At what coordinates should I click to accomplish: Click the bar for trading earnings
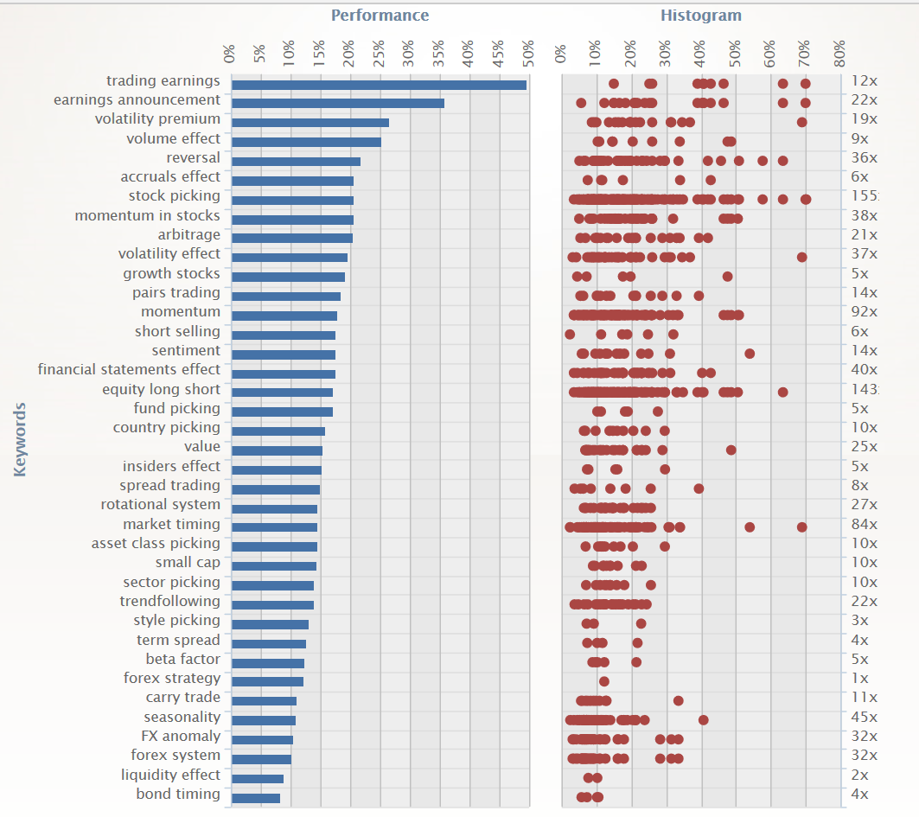coord(379,85)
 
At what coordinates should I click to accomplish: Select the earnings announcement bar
coord(338,104)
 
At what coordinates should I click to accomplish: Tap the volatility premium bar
coord(310,123)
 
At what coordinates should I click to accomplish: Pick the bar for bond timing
coord(256,798)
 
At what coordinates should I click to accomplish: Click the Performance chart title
coord(380,16)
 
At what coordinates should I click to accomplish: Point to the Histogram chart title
coord(700,16)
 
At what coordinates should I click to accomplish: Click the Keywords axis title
coord(21,439)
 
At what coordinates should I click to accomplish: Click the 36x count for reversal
coord(864,157)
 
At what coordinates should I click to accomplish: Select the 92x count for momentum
coord(864,311)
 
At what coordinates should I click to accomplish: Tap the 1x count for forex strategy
coord(859,678)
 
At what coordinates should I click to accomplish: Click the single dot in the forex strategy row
coord(603,681)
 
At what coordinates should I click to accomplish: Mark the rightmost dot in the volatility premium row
coord(801,122)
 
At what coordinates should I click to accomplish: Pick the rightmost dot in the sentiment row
coord(750,354)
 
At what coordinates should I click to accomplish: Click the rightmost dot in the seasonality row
coord(703,720)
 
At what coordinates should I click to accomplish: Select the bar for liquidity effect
coord(258,779)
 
